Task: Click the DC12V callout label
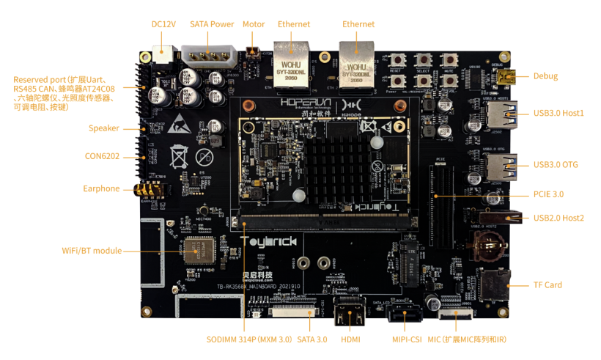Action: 163,24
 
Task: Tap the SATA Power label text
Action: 212,24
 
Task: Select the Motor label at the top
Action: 254,24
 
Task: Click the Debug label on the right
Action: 545,76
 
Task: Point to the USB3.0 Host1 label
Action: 558,113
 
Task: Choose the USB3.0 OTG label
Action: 556,164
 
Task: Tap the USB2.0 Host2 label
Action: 558,218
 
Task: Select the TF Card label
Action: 547,284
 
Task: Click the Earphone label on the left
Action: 101,188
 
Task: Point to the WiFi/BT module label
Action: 92,251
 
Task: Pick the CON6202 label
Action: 102,156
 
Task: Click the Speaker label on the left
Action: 104,128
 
